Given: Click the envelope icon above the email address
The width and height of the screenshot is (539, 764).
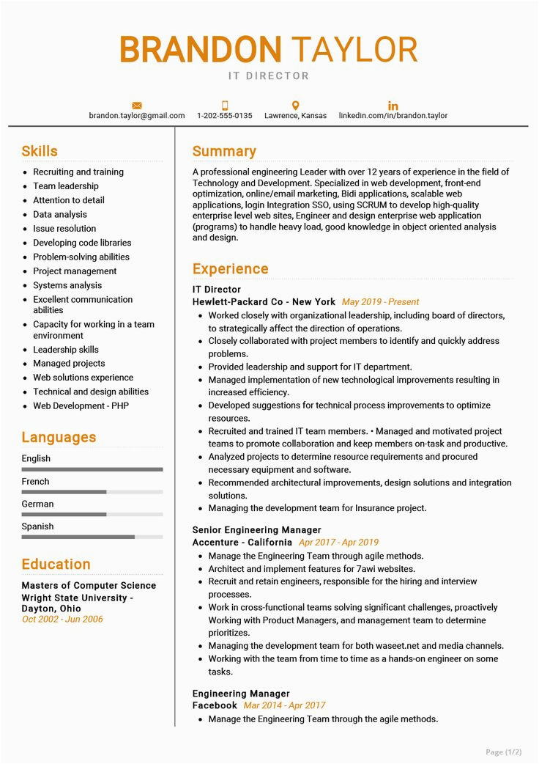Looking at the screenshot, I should coord(137,106).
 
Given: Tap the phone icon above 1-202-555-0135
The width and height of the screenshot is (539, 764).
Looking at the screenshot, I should coord(225,106).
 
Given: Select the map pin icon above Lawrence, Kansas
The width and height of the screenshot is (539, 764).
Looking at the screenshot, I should coord(295,106).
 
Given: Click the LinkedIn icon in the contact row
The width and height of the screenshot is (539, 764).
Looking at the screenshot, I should coord(393,106).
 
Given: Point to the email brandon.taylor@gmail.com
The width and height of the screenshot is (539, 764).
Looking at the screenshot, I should coord(137,116).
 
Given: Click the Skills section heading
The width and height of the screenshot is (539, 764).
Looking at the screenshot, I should coord(40,152).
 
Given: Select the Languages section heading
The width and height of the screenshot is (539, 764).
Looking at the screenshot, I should coord(59,438).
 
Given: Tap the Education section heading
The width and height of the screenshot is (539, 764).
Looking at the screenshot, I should coord(56,565).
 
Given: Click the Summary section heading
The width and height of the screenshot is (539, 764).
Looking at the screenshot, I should coord(224,152).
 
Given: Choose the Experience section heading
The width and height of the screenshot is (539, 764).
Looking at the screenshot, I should coord(230,269).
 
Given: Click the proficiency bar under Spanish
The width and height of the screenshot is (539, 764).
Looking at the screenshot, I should coord(92,537).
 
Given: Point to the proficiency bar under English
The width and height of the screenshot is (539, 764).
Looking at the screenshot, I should coord(92,469).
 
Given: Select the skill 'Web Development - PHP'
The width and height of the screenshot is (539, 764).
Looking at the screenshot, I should coord(81,406).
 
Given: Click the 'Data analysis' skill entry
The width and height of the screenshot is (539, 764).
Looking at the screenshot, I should coord(60,215).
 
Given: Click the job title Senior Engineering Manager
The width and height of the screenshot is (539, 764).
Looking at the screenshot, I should coord(256,530).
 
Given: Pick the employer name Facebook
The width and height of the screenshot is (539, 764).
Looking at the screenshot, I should coord(215,706).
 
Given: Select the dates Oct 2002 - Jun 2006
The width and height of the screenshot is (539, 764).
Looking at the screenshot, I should coord(62,620).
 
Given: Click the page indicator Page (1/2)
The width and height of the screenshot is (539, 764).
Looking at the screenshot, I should coord(504,752).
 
